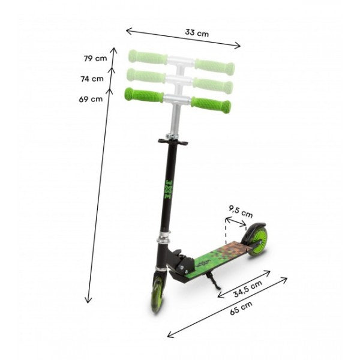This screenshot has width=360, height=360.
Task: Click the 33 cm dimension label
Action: (197, 33)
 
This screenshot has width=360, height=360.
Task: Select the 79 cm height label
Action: (95, 58)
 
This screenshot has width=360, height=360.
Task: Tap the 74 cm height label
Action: (92, 79)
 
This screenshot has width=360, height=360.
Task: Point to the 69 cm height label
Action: (91, 99)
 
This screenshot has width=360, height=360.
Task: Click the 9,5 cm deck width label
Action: (241, 212)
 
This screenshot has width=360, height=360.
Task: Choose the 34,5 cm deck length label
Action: (247, 289)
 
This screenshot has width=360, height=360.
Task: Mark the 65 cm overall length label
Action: (241, 308)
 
